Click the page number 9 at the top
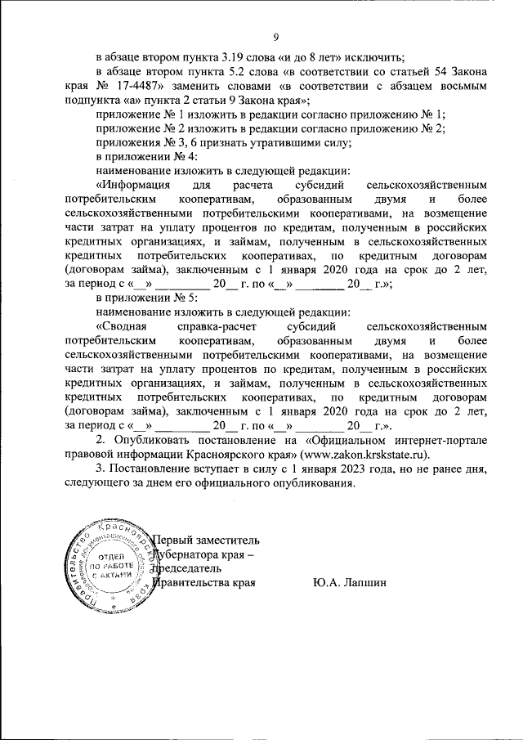coord(275,37)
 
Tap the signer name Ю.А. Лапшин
coord(347,583)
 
